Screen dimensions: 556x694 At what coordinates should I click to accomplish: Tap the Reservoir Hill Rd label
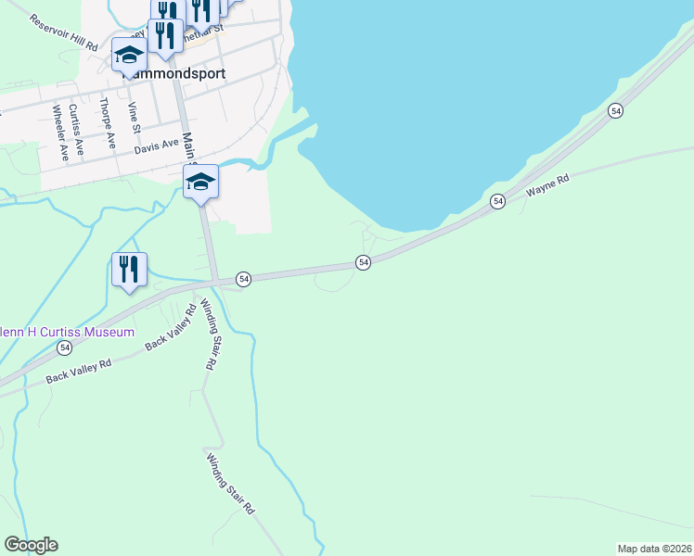pos(64,32)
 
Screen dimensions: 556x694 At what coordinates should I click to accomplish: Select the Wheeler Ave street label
pos(60,133)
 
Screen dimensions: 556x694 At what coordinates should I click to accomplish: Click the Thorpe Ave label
pos(108,123)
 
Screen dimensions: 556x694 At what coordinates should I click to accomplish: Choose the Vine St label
pos(135,117)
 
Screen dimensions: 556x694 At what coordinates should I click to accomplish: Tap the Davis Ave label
pos(156,145)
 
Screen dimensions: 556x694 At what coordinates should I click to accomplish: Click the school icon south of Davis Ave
pos(200,181)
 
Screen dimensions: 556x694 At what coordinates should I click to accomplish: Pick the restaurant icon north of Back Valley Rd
pos(129,269)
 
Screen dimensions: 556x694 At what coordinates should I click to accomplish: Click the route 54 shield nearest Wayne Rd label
pos(498,201)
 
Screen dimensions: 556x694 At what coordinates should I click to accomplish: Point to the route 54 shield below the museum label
pos(63,347)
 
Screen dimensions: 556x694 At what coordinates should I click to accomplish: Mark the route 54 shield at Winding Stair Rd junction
pos(243,278)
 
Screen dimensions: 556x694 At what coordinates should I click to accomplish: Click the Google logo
pos(32,545)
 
